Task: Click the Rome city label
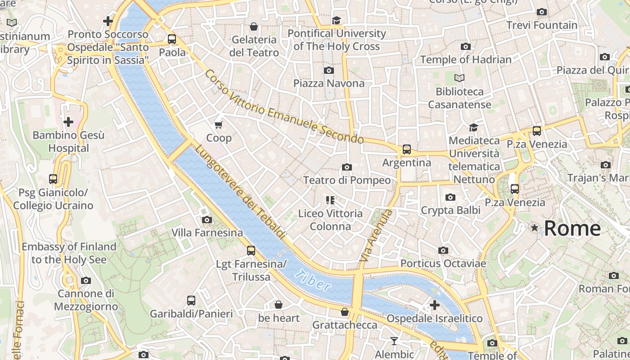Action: [x=572, y=228]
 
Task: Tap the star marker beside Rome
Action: [x=535, y=228]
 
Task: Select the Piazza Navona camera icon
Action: [x=329, y=70]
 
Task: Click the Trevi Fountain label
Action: [x=542, y=25]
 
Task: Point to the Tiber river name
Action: [x=313, y=280]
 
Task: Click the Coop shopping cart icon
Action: [x=219, y=125]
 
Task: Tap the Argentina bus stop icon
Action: [x=407, y=149]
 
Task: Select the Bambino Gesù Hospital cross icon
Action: [x=68, y=122]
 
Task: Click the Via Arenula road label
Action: [x=376, y=236]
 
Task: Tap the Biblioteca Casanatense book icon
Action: [x=459, y=78]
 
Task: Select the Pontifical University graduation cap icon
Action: [x=336, y=20]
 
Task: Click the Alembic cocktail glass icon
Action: [x=394, y=341]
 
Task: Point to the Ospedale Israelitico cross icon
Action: [x=435, y=305]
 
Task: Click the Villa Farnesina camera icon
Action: [x=207, y=220]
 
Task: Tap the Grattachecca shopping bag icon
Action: [x=345, y=312]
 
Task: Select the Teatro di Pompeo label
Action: [x=346, y=180]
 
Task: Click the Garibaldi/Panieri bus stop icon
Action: [x=191, y=300]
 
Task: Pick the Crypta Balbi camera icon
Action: [x=450, y=197]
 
